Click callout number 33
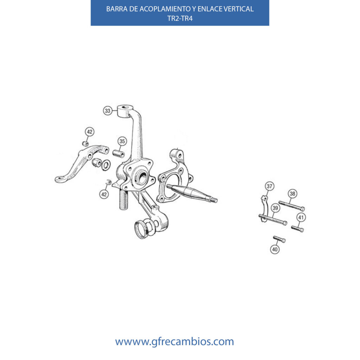[x=108, y=111]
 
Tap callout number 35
[x=122, y=141]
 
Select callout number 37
[x=270, y=186]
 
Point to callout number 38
[x=292, y=194]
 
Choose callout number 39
[x=275, y=208]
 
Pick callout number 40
[x=275, y=249]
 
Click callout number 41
[x=301, y=217]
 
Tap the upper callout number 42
[x=90, y=132]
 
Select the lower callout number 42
[x=104, y=194]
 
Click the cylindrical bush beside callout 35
[x=118, y=154]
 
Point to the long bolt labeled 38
[x=291, y=206]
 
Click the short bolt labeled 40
[x=279, y=239]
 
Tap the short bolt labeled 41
[x=297, y=229]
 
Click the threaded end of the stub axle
[x=214, y=200]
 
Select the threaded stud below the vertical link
[x=123, y=200]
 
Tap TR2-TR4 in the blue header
[x=180, y=18]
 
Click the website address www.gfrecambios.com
[x=174, y=342]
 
